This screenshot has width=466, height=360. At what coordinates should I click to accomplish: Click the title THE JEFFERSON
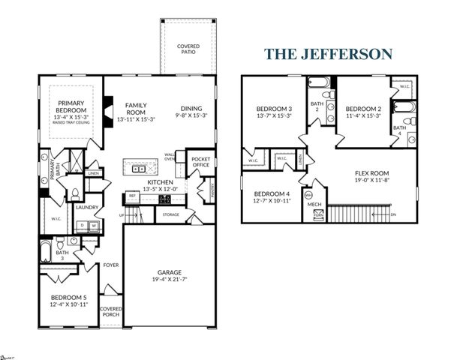(328, 54)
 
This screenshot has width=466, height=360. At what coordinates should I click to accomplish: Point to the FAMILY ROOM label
(135, 109)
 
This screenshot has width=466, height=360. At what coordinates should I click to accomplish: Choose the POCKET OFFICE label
(200, 162)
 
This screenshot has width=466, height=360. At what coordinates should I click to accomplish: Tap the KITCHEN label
(161, 182)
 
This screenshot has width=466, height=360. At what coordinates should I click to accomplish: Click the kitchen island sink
(139, 169)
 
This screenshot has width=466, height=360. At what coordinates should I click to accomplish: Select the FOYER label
(111, 265)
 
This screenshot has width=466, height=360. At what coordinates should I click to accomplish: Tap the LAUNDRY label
(88, 208)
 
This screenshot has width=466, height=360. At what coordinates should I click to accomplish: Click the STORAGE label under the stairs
(170, 215)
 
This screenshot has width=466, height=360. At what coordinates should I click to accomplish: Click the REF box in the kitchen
(132, 196)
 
